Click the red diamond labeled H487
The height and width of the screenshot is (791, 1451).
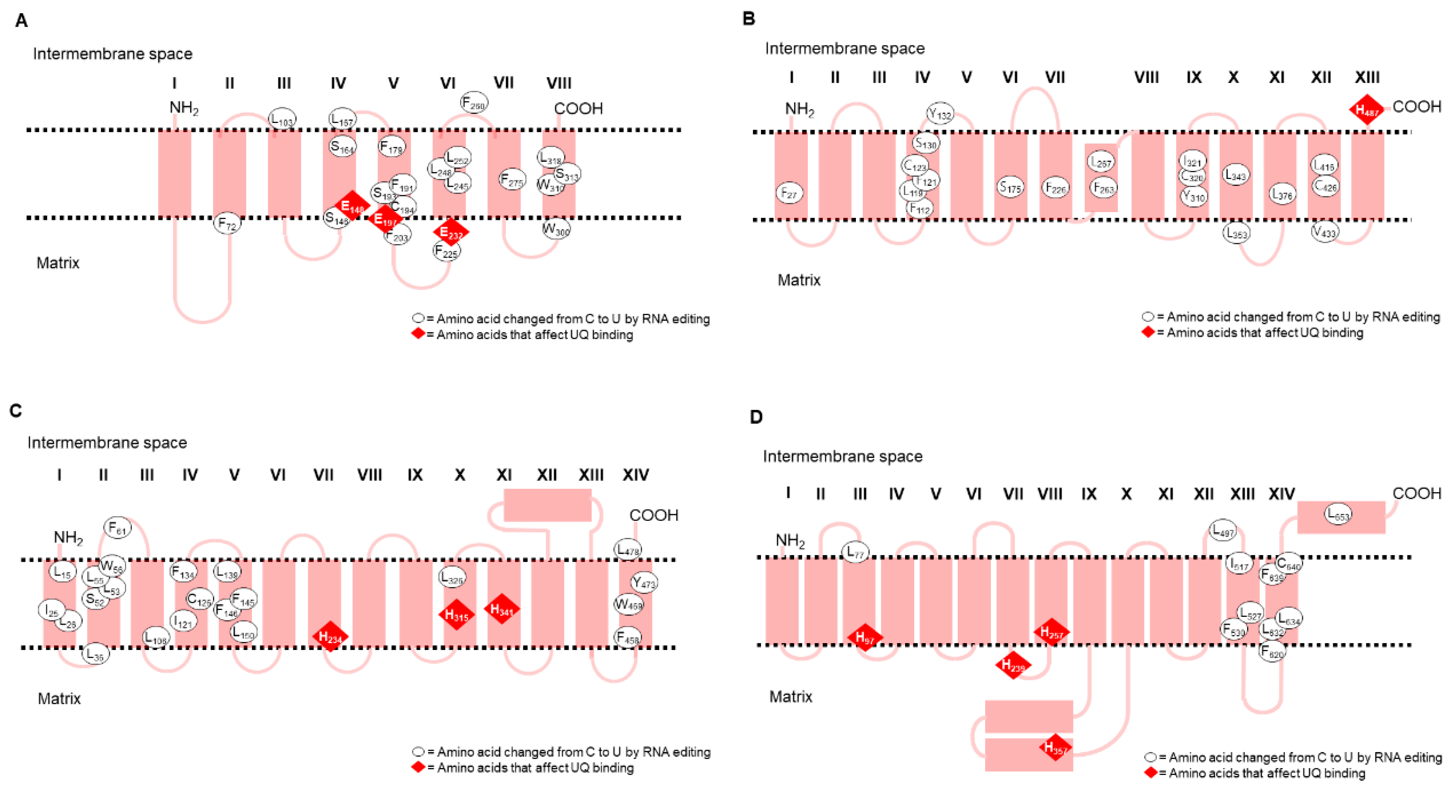coord(1367,110)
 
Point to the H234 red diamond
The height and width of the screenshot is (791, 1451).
coord(330,637)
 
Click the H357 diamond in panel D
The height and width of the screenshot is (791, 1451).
coord(1055,748)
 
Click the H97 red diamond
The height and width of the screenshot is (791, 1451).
coord(865,637)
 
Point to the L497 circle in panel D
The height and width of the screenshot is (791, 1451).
coord(1223,530)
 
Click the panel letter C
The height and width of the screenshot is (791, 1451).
coord(16,411)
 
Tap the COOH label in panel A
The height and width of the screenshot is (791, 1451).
coord(578,108)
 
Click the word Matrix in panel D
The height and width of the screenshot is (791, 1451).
coord(790,697)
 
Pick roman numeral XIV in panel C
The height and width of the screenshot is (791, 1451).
coord(635,475)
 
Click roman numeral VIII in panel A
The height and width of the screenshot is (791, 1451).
coord(559,83)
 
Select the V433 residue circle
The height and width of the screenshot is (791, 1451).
coord(1324,231)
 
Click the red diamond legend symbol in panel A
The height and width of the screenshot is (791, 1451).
coord(418,334)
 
